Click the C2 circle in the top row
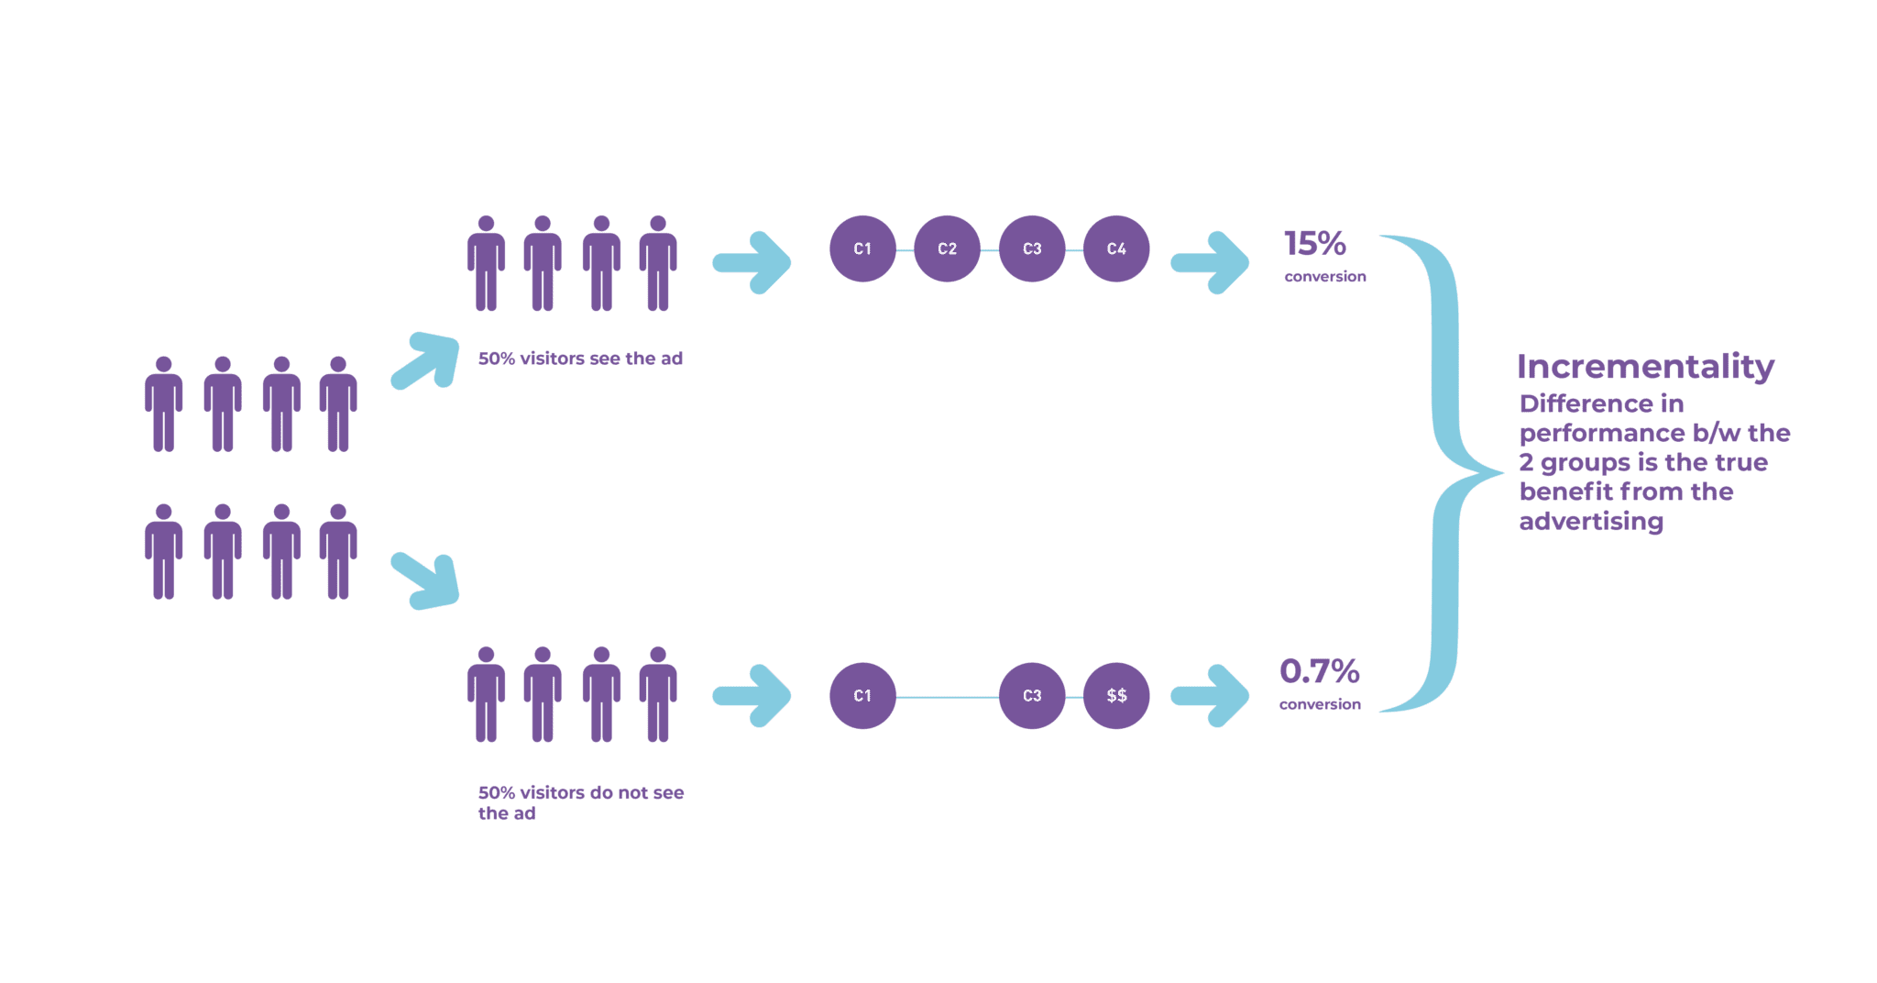[x=947, y=249]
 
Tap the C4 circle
[x=1116, y=249]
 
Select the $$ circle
[x=1116, y=696]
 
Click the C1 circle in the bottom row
[x=862, y=696]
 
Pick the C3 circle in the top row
[x=1032, y=249]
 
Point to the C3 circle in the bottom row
[x=1032, y=696]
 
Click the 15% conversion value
[x=1315, y=244]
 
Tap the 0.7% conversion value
[x=1320, y=673]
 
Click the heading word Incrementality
[x=1646, y=368]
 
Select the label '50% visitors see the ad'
[x=581, y=359]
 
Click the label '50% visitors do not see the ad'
[x=581, y=802]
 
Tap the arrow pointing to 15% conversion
[x=1210, y=263]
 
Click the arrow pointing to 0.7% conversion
[x=1210, y=697]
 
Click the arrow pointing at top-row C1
[x=752, y=263]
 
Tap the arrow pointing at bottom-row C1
[x=752, y=697]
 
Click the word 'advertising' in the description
[x=1592, y=522]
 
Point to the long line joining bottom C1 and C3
[x=947, y=697]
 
